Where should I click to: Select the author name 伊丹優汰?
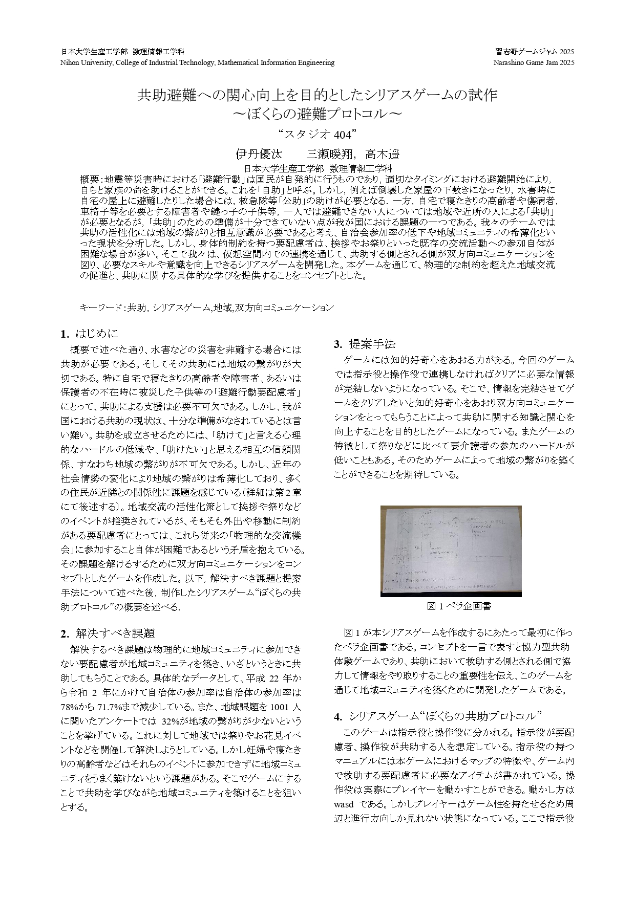pyautogui.click(x=259, y=154)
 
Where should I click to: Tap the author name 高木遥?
pyautogui.click(x=382, y=154)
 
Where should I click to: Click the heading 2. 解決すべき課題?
pyautogui.click(x=108, y=633)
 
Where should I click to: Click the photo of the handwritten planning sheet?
pyautogui.click(x=451, y=551)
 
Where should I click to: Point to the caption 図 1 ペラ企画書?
pyautogui.click(x=459, y=606)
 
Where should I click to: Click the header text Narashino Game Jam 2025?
pyautogui.click(x=534, y=62)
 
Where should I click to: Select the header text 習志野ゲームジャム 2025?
pyautogui.click(x=535, y=52)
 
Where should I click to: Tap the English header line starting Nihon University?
pyautogui.click(x=197, y=62)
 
